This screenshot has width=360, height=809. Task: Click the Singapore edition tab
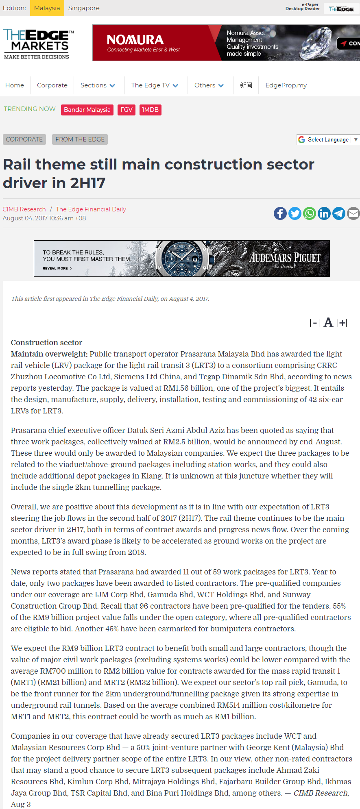point(84,8)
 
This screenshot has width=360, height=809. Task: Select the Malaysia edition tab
point(47,8)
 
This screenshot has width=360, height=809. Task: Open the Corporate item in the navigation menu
point(52,85)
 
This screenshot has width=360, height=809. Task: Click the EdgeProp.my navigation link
point(286,85)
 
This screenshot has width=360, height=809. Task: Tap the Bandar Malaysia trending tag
point(87,110)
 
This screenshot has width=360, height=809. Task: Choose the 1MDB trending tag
point(150,110)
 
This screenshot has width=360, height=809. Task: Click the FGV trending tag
point(127,110)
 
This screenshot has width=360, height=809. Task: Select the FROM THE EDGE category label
point(80,139)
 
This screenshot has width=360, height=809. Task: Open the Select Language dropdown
point(328,139)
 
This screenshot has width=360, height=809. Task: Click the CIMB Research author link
point(24,209)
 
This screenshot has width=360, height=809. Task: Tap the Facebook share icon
point(280,213)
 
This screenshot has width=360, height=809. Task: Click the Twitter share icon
point(295,213)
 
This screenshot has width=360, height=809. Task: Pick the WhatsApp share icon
point(309,213)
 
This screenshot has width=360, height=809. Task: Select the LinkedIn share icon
point(324,213)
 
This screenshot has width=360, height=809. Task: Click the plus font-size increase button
point(342,323)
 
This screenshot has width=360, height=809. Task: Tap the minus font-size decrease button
point(314,323)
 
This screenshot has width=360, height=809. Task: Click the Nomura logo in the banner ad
point(135,40)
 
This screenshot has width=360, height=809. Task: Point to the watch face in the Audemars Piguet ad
point(182,258)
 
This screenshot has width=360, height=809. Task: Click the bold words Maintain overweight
point(49,354)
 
